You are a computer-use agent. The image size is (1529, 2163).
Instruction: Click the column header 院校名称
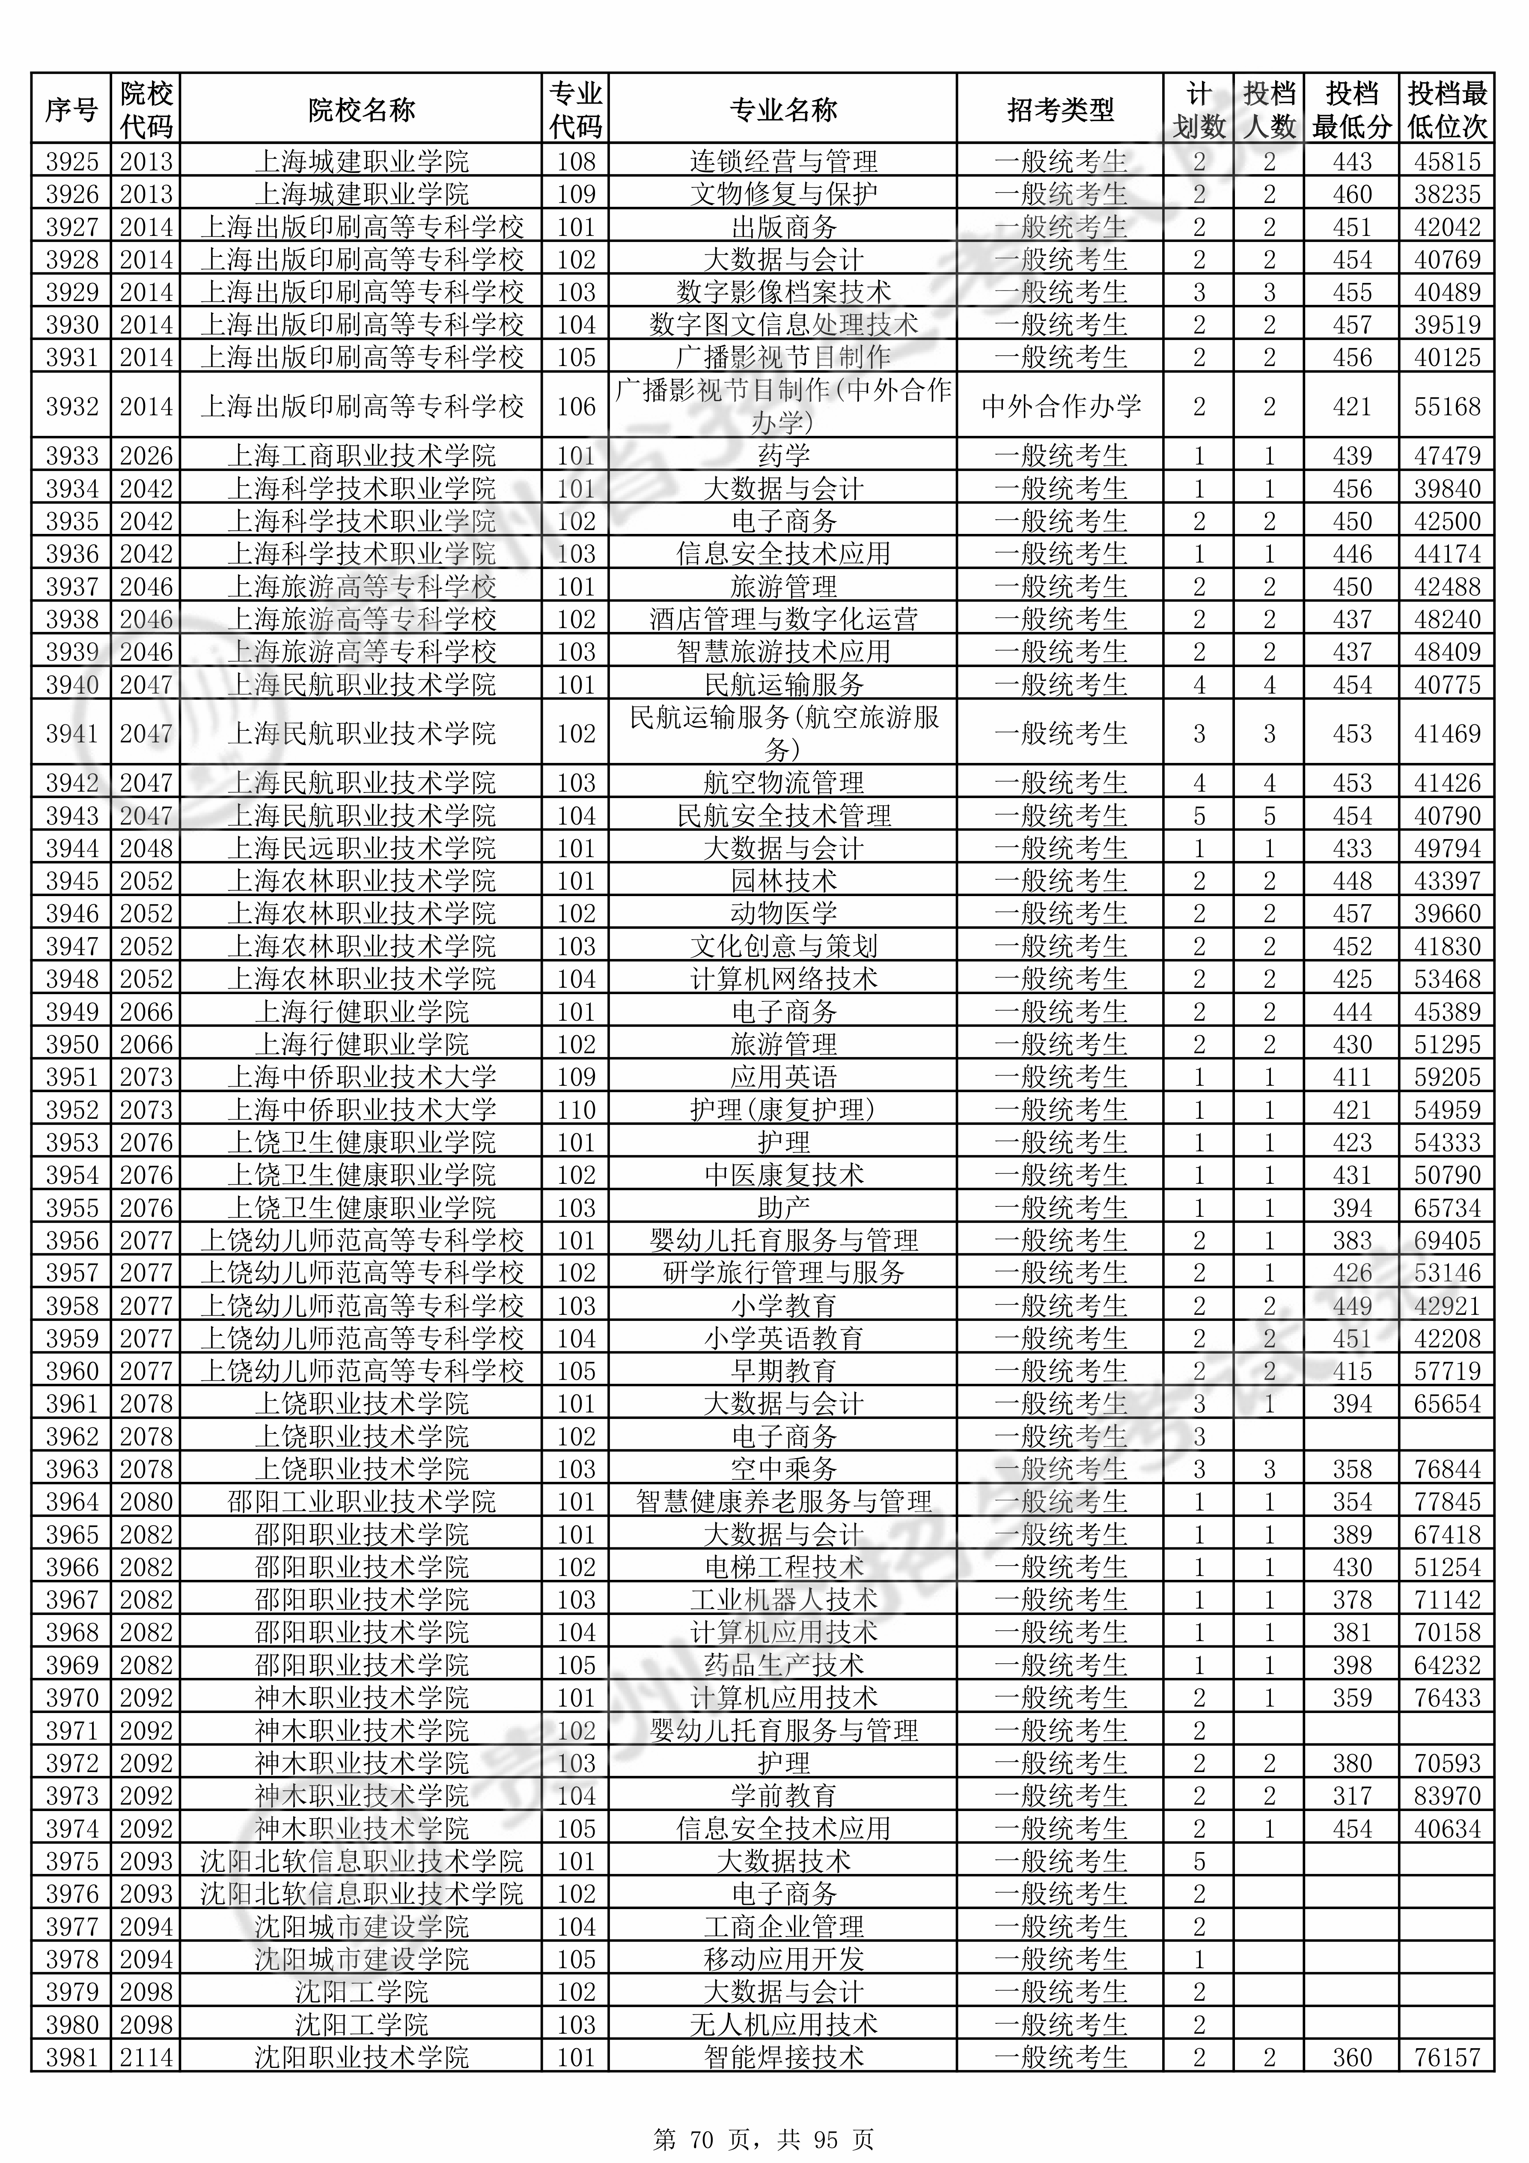(x=361, y=109)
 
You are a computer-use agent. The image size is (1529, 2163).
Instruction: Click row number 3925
(x=71, y=161)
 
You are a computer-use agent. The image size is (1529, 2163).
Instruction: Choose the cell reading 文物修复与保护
(x=783, y=194)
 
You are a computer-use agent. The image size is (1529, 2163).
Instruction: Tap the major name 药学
(x=783, y=456)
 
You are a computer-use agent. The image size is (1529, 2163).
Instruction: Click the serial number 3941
(x=71, y=733)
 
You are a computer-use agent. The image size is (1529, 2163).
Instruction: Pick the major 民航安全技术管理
(x=783, y=815)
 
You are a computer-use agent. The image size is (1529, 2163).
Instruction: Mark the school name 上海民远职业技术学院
(x=361, y=848)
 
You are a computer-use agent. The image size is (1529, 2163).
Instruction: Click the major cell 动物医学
(x=783, y=913)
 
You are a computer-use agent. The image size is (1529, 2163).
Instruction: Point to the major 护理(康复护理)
(x=783, y=1110)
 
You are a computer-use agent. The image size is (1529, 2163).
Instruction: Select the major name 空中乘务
(x=783, y=1469)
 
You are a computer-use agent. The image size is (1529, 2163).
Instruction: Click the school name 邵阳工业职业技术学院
(x=361, y=1502)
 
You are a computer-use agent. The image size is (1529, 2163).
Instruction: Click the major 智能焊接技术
(x=783, y=2058)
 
